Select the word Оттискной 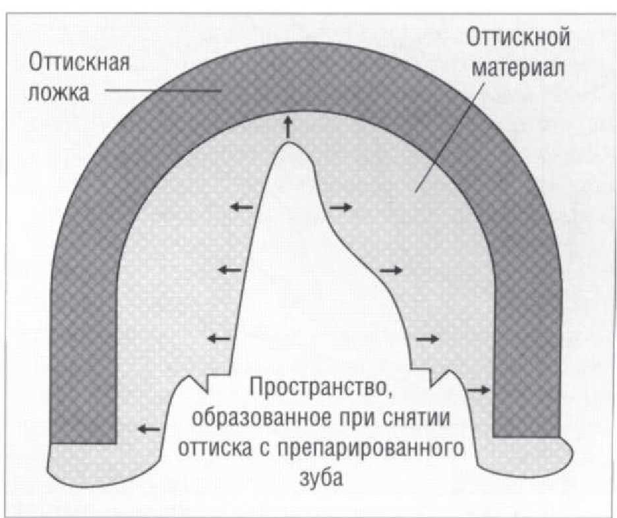pyautogui.click(x=518, y=38)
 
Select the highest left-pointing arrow pyautogui.click(x=241, y=207)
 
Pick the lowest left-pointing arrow pyautogui.click(x=149, y=429)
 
